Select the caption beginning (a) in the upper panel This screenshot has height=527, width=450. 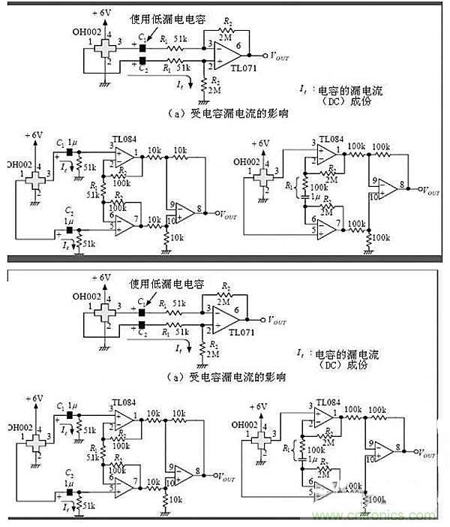click(x=229, y=113)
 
